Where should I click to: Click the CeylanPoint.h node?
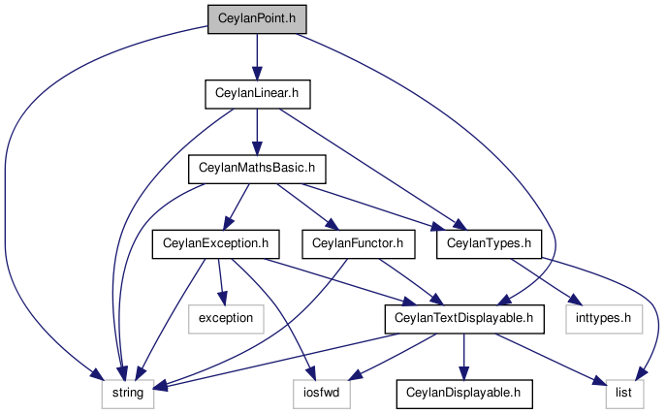coord(257,19)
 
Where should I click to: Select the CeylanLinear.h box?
coord(258,94)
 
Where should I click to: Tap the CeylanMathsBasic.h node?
coord(257,169)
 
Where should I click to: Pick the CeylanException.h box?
coord(216,244)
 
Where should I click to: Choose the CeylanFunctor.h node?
coord(358,244)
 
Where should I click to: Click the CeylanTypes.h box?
coord(489,244)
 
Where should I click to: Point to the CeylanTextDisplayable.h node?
coord(464,319)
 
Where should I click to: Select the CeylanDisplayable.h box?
coord(463,394)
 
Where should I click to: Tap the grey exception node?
coord(226,319)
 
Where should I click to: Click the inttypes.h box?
coord(604,319)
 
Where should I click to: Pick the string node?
coord(128,394)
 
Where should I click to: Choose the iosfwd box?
coord(322,394)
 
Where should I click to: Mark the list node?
coord(624,394)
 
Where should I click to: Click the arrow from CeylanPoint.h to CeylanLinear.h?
coord(257,57)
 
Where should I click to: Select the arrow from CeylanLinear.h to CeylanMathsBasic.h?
coord(257,132)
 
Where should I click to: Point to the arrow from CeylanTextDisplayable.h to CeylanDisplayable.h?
coord(463,357)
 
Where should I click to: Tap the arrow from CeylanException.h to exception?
coord(220,282)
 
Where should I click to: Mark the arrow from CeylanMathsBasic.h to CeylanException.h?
coord(237,207)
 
